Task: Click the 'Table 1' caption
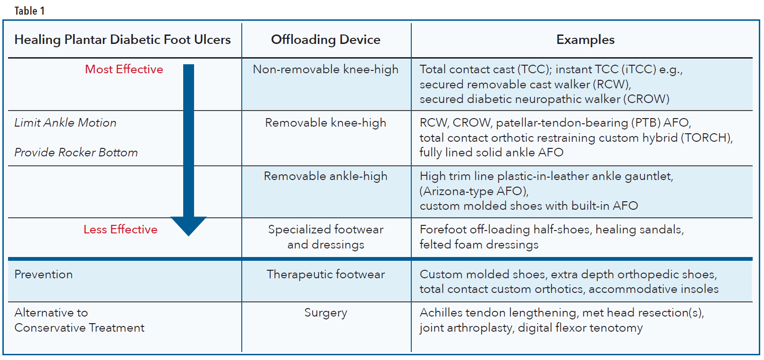click(x=29, y=11)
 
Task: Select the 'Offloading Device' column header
click(x=325, y=40)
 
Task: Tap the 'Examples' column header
click(x=585, y=40)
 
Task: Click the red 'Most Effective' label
click(x=124, y=69)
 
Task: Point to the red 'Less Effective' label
click(x=120, y=230)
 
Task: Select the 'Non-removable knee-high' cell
click(x=325, y=69)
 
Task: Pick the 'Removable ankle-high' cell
click(x=325, y=176)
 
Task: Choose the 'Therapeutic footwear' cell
click(x=325, y=274)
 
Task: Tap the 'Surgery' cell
click(x=325, y=313)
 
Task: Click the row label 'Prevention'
click(x=43, y=274)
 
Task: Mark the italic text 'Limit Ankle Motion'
click(x=65, y=123)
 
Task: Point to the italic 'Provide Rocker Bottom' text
click(x=76, y=153)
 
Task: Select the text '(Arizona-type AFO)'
click(x=474, y=191)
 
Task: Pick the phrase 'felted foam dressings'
click(x=479, y=245)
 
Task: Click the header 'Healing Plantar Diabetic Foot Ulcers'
click(x=122, y=40)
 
